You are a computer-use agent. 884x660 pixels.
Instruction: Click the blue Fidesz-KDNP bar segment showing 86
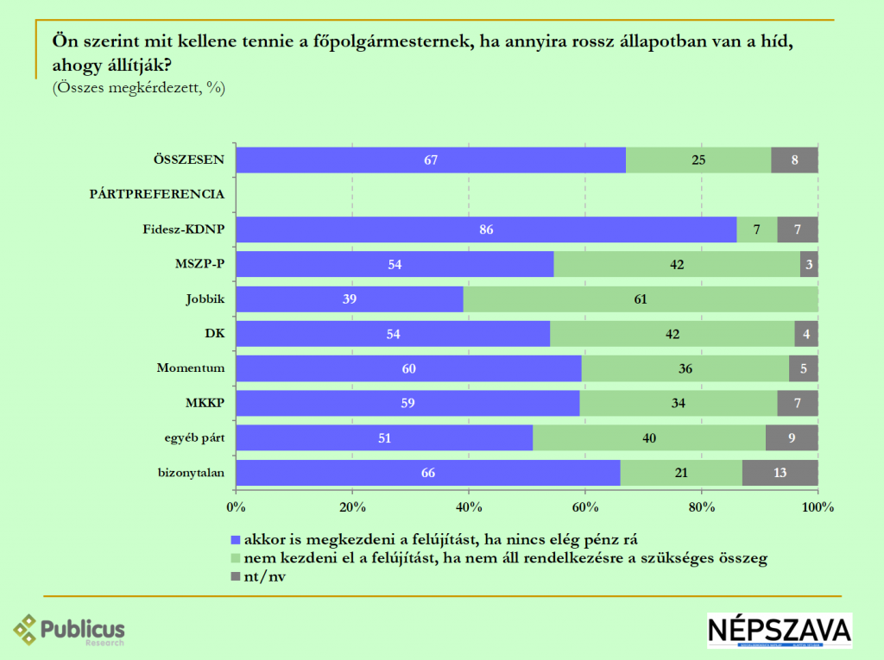[x=486, y=229]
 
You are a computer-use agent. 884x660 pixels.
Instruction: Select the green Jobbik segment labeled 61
[x=641, y=299]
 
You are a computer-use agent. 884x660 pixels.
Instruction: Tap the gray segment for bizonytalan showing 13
[x=780, y=473]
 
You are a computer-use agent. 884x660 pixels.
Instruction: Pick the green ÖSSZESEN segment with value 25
[x=698, y=160]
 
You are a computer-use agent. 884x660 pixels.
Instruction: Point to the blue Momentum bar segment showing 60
[x=408, y=368]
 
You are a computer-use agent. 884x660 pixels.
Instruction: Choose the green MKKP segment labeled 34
[x=679, y=403]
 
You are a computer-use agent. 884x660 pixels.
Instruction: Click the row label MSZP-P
[x=202, y=264]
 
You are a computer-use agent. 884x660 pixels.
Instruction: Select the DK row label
[x=215, y=333]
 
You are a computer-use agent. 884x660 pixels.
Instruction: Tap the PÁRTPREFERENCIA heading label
[x=157, y=194]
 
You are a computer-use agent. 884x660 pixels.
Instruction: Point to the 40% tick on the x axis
[x=469, y=507]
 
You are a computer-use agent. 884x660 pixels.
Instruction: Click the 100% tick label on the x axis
[x=818, y=507]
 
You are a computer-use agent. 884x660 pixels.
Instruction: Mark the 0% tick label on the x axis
[x=236, y=507]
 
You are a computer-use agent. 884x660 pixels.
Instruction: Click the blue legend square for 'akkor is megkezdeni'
[x=237, y=540]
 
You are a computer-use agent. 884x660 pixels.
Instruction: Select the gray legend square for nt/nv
[x=237, y=578]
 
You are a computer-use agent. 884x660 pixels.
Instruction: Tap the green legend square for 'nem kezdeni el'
[x=237, y=559]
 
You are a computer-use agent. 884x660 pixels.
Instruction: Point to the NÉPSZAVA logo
[x=780, y=631]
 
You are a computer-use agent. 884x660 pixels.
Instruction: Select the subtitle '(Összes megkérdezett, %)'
[x=139, y=87]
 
